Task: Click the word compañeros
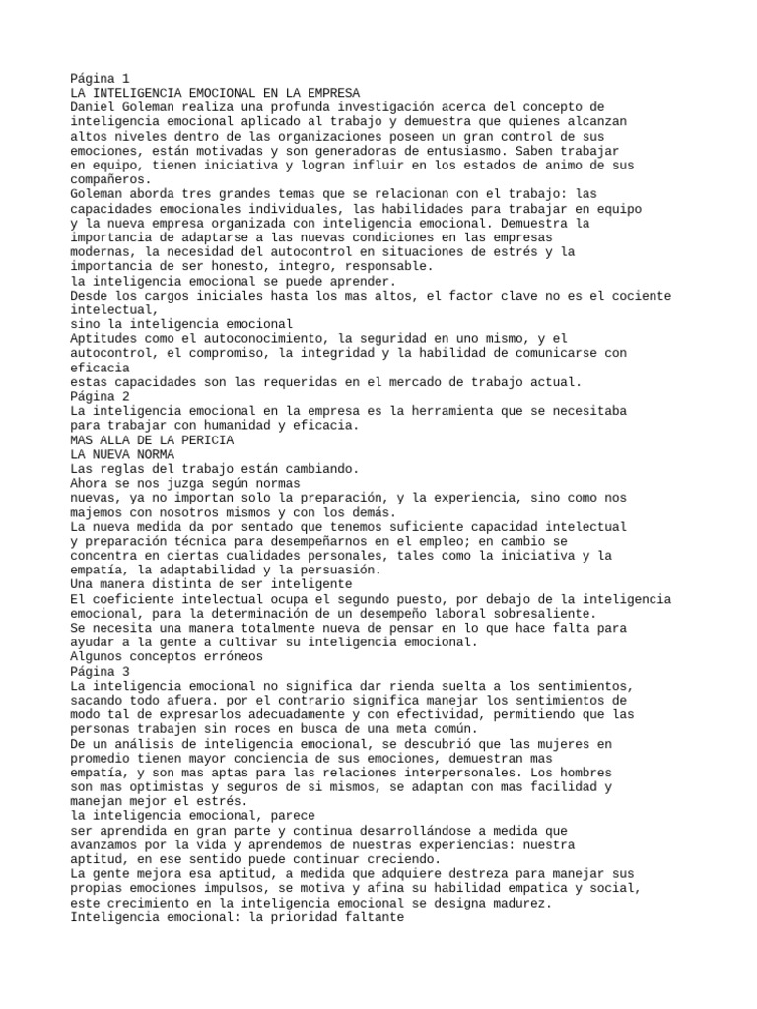point(107,179)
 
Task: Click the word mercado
point(435,381)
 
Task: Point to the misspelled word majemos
point(97,511)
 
